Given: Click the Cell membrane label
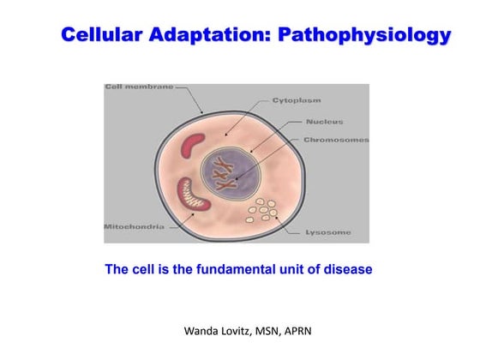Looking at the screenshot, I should pyautogui.click(x=139, y=87).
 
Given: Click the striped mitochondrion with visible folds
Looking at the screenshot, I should pyautogui.click(x=193, y=197).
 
